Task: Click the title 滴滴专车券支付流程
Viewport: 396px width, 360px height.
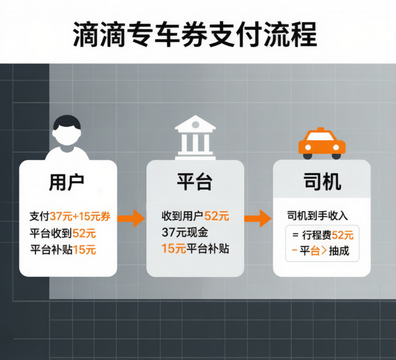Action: (x=195, y=34)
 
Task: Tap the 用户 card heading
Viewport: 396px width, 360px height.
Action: (x=67, y=182)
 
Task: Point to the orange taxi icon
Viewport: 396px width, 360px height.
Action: (x=322, y=143)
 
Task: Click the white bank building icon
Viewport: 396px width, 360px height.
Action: (x=195, y=138)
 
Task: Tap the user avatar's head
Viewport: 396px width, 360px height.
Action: (x=67, y=131)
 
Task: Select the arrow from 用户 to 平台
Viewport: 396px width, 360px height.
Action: (x=131, y=218)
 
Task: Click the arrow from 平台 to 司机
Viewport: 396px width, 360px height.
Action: (x=258, y=218)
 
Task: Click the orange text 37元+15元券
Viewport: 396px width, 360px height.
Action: (x=80, y=217)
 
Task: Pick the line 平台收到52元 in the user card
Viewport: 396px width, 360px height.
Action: (x=63, y=233)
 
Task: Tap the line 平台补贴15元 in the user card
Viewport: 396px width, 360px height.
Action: (x=63, y=250)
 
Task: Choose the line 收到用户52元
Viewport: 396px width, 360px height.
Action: (x=195, y=216)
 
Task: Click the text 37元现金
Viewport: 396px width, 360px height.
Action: (x=185, y=232)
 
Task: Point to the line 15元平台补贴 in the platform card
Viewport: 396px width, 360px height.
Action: (x=195, y=248)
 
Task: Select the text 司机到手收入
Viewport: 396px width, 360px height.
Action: (x=317, y=216)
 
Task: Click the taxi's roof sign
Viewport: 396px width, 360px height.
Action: (x=321, y=129)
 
